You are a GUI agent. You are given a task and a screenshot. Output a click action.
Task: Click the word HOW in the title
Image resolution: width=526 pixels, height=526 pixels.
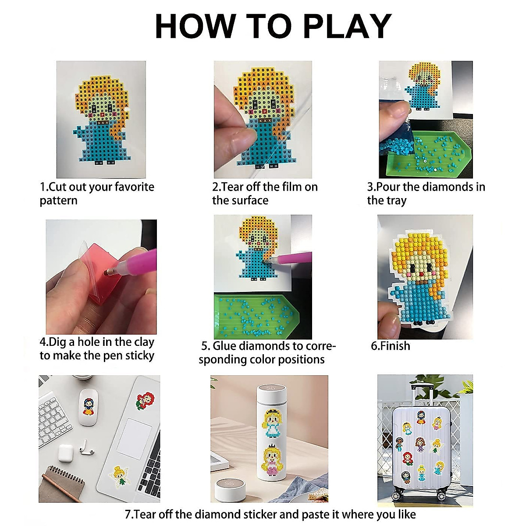195,26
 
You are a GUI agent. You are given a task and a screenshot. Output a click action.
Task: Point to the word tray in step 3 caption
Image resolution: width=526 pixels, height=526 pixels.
396,201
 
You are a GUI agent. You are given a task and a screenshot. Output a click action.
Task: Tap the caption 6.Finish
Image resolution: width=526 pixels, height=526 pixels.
391,346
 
